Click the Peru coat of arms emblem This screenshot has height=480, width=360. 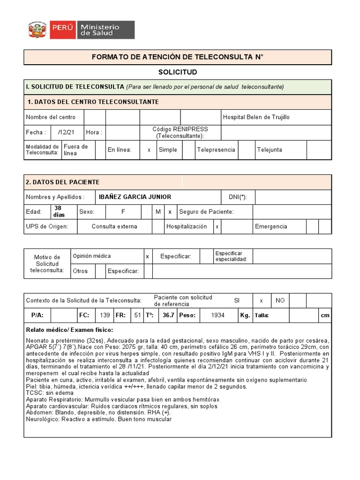pyautogui.click(x=37, y=30)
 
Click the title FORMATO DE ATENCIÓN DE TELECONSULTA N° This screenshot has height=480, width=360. pyautogui.click(x=178, y=57)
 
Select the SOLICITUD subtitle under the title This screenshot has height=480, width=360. pyautogui.click(x=178, y=72)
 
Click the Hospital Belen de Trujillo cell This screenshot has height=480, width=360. pyautogui.click(x=256, y=117)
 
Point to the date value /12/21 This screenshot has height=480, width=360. pyautogui.click(x=66, y=132)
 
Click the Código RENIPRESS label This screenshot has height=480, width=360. pyautogui.click(x=180, y=132)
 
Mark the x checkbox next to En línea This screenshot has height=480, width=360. pyautogui.click(x=149, y=150)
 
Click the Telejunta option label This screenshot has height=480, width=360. pyautogui.click(x=270, y=150)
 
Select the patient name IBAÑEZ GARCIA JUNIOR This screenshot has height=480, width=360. pyautogui.click(x=135, y=197)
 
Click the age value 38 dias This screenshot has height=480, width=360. pyautogui.click(x=60, y=211)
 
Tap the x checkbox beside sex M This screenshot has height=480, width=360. pyautogui.click(x=170, y=212)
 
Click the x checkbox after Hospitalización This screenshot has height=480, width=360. pyautogui.click(x=217, y=226)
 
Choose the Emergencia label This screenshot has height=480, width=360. pyautogui.click(x=271, y=226)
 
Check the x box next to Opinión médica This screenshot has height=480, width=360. pyautogui.click(x=147, y=256)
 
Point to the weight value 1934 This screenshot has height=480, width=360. pyautogui.click(x=217, y=315)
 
